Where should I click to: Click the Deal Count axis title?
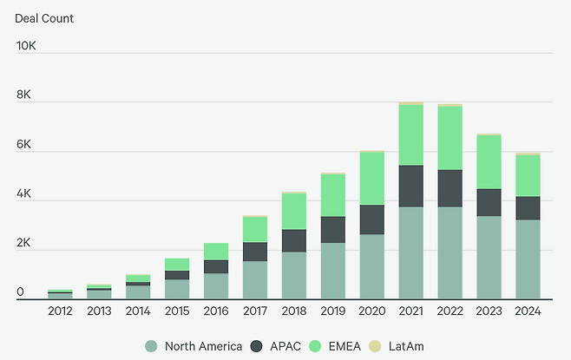point(44,18)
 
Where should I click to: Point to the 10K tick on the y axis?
point(25,45)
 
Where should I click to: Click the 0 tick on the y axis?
point(20,293)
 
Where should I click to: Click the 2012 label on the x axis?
point(60,311)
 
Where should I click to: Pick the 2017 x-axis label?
point(254,311)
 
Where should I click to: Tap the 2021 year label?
point(410,311)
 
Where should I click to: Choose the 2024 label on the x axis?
point(528,311)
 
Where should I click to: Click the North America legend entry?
point(194,346)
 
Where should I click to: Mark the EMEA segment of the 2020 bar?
point(371,178)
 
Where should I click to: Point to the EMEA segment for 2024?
point(528,175)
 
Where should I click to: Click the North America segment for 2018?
point(293,276)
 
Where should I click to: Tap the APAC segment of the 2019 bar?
point(332,229)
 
